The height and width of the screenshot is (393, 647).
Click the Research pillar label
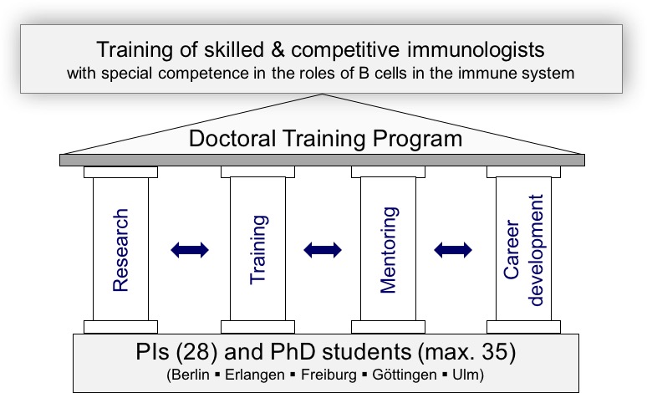pyautogui.click(x=120, y=250)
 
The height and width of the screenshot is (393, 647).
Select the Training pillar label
pyautogui.click(x=258, y=250)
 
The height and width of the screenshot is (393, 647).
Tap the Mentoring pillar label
pyautogui.click(x=388, y=250)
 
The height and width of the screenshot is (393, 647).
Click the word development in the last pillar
pyautogui.click(x=537, y=250)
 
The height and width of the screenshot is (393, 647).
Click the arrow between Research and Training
pyautogui.click(x=190, y=250)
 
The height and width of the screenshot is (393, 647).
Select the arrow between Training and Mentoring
pyautogui.click(x=323, y=250)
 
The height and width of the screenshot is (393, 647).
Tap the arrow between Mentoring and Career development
pyautogui.click(x=453, y=250)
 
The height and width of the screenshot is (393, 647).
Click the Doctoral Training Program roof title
pyautogui.click(x=325, y=139)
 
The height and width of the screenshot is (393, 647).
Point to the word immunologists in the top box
pyautogui.click(x=476, y=49)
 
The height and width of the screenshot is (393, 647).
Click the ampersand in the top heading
pyautogui.click(x=278, y=49)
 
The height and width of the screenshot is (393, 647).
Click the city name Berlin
pyautogui.click(x=190, y=375)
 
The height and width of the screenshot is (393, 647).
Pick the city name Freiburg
pyautogui.click(x=329, y=375)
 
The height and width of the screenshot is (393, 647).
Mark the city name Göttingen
pyautogui.click(x=405, y=375)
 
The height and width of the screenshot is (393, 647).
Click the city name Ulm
pyautogui.click(x=464, y=375)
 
